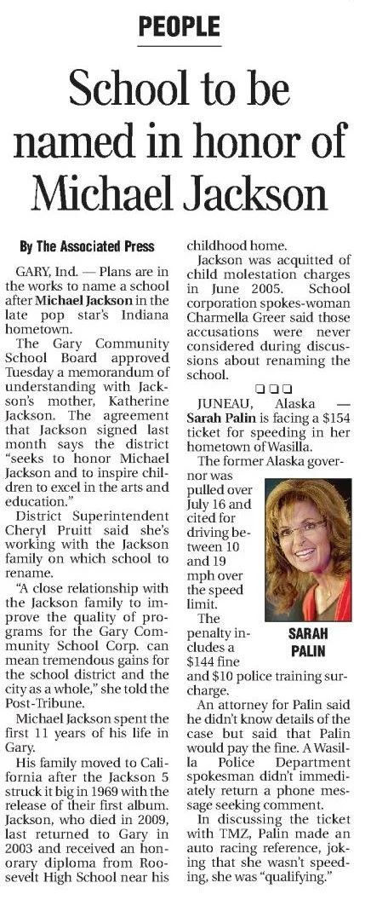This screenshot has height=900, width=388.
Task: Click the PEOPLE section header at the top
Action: (179, 26)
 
